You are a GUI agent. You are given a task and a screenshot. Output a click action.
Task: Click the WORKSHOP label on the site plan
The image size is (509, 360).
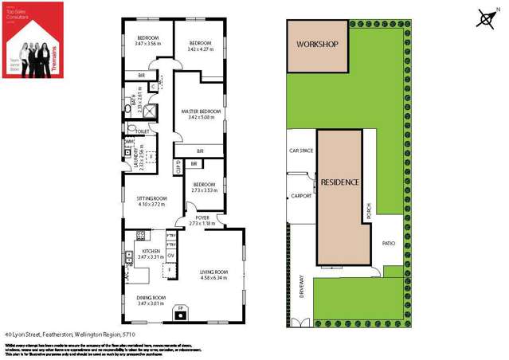coord(318,45)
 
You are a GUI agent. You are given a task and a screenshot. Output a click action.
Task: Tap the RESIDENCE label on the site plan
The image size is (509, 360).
coord(339,182)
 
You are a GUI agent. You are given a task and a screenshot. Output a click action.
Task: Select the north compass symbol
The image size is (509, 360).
coord(486,18)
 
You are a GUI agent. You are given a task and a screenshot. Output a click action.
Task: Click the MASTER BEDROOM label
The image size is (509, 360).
coord(200,111)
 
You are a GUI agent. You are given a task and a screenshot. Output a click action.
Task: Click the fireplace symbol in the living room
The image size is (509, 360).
coord(180,311)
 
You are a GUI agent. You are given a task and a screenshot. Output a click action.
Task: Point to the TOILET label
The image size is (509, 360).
coord(143,131)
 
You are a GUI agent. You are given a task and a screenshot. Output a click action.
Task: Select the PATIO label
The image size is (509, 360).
coord(389,244)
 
